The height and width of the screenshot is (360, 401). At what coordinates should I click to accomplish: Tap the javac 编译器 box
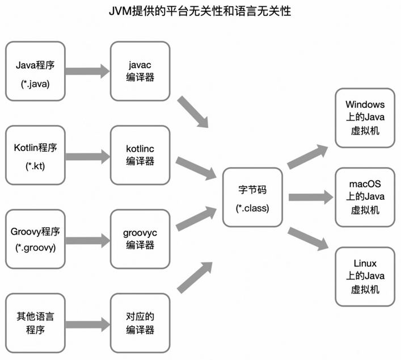tap(140, 71)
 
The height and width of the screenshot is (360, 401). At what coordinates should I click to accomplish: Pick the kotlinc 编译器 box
tap(140, 155)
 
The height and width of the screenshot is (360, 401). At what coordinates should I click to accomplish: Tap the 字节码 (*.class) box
tap(252, 198)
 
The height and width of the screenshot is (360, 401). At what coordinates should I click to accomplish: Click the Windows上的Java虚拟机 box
tap(365, 118)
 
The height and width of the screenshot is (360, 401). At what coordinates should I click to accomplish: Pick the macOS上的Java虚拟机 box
tap(365, 197)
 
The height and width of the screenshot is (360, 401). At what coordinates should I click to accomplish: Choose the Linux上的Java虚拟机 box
tap(365, 277)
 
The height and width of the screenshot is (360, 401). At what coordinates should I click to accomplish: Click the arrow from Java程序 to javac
tap(86, 71)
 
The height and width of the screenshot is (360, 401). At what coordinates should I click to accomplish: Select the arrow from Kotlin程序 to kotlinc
tap(86, 155)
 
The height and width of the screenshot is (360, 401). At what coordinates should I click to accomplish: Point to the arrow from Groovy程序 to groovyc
tap(86, 240)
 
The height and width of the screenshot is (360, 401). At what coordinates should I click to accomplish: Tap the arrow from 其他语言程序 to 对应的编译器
tap(86, 324)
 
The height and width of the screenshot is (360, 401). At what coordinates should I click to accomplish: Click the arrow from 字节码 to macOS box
tap(310, 198)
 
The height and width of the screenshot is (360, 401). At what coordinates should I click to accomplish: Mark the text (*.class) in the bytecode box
tap(252, 208)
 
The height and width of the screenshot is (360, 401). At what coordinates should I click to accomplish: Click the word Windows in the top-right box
tap(365, 105)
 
